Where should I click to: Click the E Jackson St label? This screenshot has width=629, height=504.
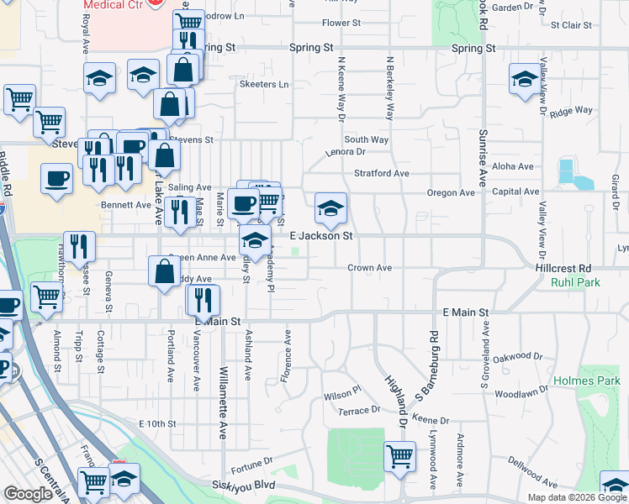pyautogui.click(x=320, y=236)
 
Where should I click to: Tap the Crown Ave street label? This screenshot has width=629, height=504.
pyautogui.click(x=371, y=268)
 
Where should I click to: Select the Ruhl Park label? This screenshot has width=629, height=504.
pyautogui.click(x=575, y=283)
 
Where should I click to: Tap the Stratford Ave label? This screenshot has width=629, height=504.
pyautogui.click(x=381, y=173)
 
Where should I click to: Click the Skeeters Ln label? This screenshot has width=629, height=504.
pyautogui.click(x=264, y=85)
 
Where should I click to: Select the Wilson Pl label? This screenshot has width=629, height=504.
pyautogui.click(x=342, y=391)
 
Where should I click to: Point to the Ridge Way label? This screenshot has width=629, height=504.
pyautogui.click(x=571, y=111)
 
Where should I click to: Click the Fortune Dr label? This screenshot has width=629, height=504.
pyautogui.click(x=251, y=461)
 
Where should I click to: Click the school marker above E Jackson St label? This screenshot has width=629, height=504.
pyautogui.click(x=331, y=207)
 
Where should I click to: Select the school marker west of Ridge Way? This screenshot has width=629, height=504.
pyautogui.click(x=525, y=79)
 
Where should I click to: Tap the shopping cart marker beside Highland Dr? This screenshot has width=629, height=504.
pyautogui.click(x=400, y=456)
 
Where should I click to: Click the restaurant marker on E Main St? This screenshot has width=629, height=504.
pyautogui.click(x=203, y=298)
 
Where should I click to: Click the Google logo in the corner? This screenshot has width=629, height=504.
pyautogui.click(x=29, y=495)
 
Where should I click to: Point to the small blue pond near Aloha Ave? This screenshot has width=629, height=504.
pyautogui.click(x=568, y=171)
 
